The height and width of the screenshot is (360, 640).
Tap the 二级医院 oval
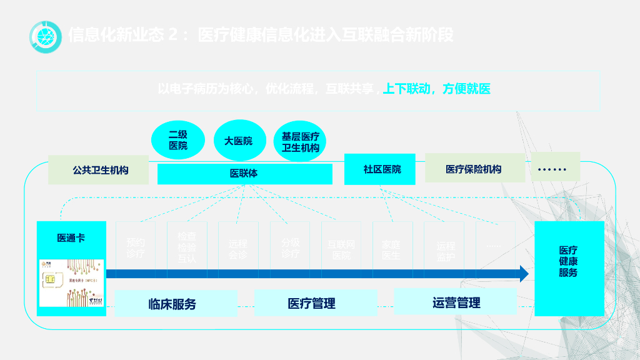pyautogui.click(x=177, y=140)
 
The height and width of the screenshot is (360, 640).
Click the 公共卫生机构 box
pyautogui.click(x=99, y=169)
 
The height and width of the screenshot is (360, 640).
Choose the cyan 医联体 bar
pyautogui.click(x=244, y=174)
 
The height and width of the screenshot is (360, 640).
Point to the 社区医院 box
pyautogui.click(x=380, y=169)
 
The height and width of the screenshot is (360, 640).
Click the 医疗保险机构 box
pyautogui.click(x=473, y=169)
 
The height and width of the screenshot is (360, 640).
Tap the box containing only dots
pyautogui.click(x=555, y=167)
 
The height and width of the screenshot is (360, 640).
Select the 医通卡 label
pyautogui.click(x=71, y=238)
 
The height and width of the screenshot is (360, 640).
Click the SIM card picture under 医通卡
pyautogui.click(x=72, y=283)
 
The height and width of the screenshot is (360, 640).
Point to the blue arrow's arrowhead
pyautogui.click(x=523, y=274)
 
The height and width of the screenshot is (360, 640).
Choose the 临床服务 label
pyautogui.click(x=172, y=304)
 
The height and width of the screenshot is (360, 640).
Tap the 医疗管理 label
pyautogui.click(x=311, y=304)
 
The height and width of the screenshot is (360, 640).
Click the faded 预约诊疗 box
pyautogui.click(x=136, y=248)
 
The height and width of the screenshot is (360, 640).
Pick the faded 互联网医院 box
pyautogui.click(x=341, y=249)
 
